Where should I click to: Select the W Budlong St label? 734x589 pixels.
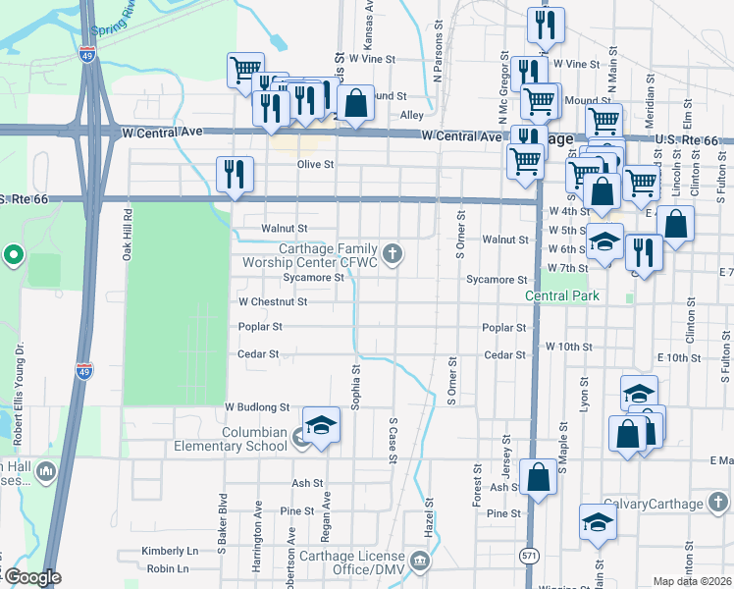[x=257, y=406]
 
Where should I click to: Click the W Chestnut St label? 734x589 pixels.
[x=273, y=302]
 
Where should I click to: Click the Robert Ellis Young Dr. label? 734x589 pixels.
[x=18, y=383]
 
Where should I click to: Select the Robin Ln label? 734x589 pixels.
[x=167, y=568]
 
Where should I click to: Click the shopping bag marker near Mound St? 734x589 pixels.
[x=355, y=103]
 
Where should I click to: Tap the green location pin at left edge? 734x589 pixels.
[x=13, y=257]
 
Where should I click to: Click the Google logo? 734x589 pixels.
[x=32, y=577]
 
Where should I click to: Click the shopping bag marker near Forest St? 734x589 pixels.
[x=538, y=478]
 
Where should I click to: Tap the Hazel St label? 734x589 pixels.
[x=430, y=515]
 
